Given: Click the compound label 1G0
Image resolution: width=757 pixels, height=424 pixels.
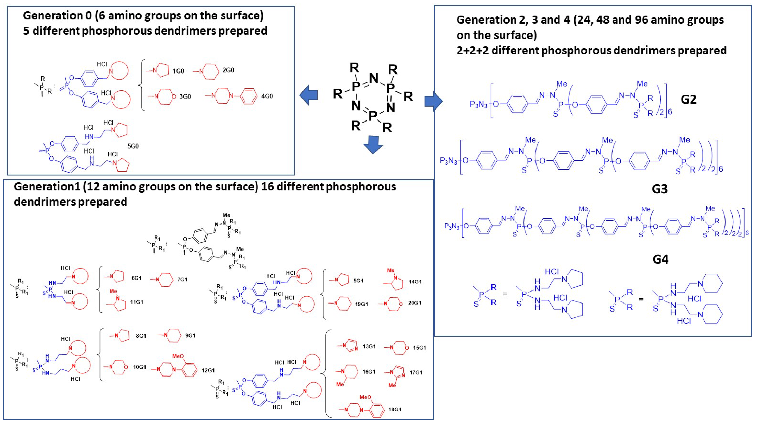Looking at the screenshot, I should point(178,71).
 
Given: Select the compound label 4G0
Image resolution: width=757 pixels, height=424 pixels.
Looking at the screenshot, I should point(267,96).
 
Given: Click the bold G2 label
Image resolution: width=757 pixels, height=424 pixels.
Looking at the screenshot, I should point(689,99).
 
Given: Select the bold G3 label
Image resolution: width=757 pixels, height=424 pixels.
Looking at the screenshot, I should point(659,189).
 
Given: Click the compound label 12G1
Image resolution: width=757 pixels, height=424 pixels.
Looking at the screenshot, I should point(208,370).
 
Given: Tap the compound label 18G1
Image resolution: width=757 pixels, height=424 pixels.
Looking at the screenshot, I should point(395,409).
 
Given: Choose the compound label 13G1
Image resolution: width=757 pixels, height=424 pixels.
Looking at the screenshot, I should point(369,346).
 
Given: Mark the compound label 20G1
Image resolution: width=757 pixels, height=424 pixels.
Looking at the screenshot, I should point(414,303).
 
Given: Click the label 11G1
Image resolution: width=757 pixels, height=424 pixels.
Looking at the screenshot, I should point(136,302).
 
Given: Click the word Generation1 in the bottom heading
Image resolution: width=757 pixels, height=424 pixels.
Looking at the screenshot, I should point(47,186).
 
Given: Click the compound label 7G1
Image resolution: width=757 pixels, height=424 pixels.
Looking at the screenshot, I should point(182,279).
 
